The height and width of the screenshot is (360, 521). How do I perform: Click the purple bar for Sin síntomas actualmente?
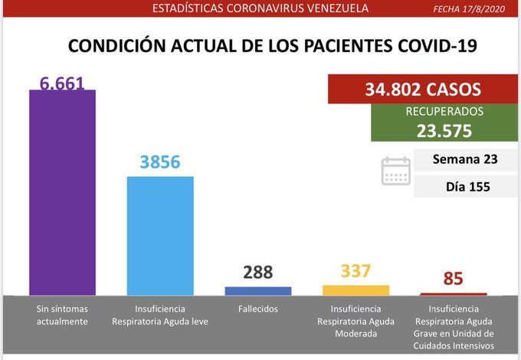pos(62,191)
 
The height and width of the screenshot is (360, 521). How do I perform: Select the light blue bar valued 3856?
pos(160,235)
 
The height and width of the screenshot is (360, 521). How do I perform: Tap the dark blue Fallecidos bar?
pos(257,291)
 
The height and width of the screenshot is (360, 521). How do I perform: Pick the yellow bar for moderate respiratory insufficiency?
pos(356,290)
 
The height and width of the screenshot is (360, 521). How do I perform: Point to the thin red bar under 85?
pos(453,294)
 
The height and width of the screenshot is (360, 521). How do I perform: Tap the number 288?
pos(257,273)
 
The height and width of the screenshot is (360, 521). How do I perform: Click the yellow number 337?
pos(356,271)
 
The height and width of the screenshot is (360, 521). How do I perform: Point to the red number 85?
pos(453,278)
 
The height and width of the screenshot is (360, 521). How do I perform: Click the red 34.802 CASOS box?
pos(422,90)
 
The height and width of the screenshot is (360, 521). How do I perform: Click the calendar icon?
pos(396,171)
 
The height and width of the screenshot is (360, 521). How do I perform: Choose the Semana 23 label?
pos(465,160)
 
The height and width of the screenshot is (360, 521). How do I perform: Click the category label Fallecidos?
pos(258,309)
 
